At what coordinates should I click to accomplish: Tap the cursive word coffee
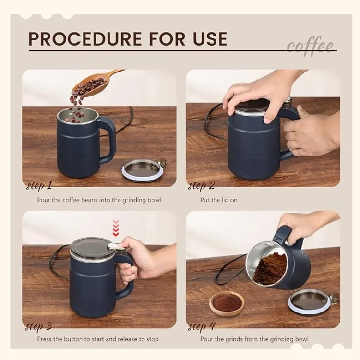tap(311, 47)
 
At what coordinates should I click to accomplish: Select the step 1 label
tap(39, 186)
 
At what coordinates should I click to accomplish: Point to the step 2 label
tap(202, 186)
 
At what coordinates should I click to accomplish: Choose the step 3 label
tap(39, 327)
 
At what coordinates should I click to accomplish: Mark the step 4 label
tap(202, 327)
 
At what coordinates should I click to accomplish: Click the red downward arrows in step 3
tap(115, 228)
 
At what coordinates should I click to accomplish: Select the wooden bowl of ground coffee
tap(227, 303)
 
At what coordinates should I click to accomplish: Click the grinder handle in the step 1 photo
tap(108, 140)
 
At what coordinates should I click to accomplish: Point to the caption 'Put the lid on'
tap(218, 200)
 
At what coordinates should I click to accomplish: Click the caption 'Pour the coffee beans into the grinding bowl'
tap(99, 200)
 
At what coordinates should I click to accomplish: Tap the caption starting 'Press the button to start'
tap(98, 339)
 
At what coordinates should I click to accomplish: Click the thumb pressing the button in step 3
tap(126, 242)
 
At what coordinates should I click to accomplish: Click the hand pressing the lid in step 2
tap(259, 94)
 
